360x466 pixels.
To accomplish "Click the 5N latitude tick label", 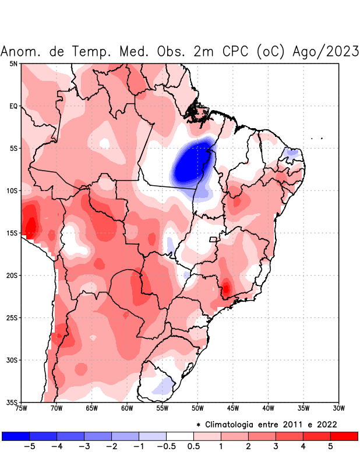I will point(13,63).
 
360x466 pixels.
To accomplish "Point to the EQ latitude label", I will point(13,106).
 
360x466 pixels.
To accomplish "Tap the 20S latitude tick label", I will point(12,276).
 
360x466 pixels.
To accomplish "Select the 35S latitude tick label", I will point(12,403).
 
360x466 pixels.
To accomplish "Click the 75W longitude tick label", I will point(22,408).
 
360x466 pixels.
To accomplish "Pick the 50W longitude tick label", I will point(197,408).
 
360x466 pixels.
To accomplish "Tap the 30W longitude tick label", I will point(338,408).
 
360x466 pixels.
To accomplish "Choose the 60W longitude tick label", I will point(127,408).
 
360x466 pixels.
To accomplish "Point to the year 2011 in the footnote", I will point(297,423).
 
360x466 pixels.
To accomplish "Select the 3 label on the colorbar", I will point(276,447).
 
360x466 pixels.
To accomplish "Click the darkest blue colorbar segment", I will point(16,436).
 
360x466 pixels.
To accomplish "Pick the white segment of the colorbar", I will point(179,436).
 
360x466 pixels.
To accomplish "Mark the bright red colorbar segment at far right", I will point(344,436).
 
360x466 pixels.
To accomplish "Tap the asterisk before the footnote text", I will point(199,424).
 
